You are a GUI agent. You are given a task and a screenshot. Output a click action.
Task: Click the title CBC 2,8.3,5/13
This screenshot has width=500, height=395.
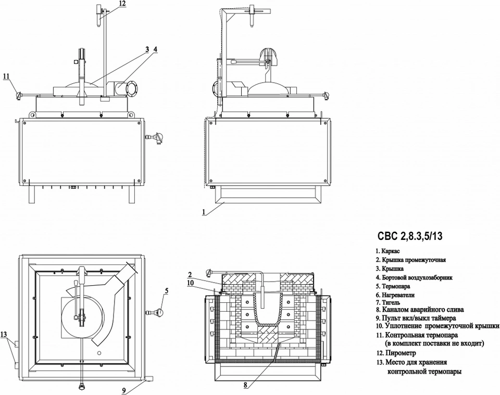410,236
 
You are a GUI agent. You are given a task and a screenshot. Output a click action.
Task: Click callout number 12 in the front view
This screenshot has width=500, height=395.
122,3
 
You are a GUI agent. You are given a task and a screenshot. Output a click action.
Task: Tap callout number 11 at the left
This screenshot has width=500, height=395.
7,76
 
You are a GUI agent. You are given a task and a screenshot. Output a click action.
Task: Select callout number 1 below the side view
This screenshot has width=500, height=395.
204,211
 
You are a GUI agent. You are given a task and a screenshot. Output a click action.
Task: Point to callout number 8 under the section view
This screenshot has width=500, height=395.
245,385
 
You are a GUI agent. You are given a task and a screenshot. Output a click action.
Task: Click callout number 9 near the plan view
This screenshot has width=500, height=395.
124,390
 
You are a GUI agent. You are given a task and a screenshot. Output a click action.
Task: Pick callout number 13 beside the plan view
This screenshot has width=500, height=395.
4,334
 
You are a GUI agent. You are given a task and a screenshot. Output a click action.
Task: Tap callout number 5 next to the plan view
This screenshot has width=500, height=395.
167,290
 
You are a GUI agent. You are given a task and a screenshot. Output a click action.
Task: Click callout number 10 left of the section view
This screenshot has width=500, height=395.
191,283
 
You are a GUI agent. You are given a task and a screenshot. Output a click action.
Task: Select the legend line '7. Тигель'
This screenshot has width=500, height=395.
387,302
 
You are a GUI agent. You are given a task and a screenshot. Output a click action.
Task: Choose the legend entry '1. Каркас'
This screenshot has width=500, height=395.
387,251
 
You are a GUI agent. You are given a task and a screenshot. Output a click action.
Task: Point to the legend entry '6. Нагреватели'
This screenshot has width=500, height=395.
395,295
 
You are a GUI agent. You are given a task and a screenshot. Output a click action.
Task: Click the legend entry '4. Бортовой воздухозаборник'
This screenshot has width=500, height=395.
414,277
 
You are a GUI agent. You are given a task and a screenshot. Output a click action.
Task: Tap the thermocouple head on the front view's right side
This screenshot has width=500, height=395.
158,137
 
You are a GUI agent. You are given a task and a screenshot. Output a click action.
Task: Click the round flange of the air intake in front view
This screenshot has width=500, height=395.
131,89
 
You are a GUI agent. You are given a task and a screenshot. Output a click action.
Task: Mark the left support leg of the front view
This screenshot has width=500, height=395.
31,194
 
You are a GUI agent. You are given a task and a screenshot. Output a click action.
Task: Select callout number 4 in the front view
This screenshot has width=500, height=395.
155,49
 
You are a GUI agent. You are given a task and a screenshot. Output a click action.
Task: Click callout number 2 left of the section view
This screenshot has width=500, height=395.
190,275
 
